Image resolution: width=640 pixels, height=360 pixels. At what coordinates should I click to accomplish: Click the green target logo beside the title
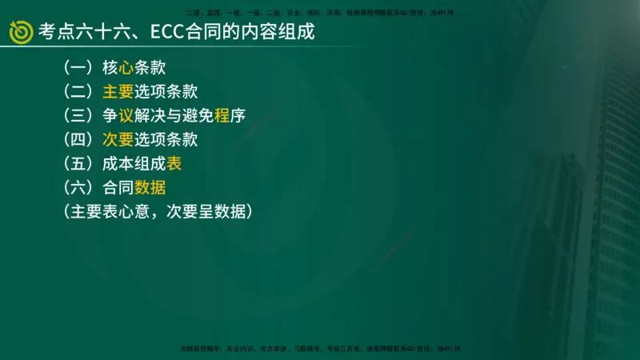20,32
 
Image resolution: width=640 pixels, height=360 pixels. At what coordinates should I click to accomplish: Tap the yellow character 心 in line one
126,67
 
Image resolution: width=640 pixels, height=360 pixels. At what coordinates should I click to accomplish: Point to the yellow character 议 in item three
126,115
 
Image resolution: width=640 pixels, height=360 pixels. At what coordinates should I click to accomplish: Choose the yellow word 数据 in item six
150,187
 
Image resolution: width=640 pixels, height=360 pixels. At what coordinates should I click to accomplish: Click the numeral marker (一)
78,67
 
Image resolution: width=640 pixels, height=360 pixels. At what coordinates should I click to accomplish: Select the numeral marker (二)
78,91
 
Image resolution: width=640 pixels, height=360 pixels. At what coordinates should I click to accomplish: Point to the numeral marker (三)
78,115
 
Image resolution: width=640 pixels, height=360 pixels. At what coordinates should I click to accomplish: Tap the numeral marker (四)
78,139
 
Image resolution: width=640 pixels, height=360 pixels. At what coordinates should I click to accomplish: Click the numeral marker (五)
78,163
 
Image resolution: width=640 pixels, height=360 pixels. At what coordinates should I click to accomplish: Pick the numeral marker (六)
78,187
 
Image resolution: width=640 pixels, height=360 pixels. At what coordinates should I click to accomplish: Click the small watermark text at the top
319,14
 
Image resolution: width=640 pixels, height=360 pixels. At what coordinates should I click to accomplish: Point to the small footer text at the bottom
319,350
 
